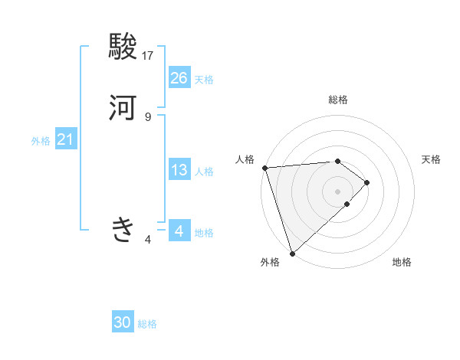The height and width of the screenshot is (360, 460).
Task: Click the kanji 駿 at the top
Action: tap(123, 47)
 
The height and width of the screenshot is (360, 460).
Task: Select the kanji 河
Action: tap(123, 107)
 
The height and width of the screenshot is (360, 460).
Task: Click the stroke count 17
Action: tap(148, 56)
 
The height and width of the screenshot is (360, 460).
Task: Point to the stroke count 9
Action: tap(148, 116)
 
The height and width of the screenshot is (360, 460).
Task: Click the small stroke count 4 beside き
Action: tap(148, 240)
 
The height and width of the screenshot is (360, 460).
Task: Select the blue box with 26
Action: tap(179, 78)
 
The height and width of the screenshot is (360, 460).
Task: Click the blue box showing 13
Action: tap(179, 170)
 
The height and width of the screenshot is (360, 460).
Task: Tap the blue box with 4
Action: tap(179, 231)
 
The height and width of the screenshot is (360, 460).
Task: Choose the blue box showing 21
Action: tap(66, 139)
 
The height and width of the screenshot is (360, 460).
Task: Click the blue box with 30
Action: tap(123, 322)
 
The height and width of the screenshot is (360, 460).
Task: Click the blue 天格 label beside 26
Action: tap(204, 80)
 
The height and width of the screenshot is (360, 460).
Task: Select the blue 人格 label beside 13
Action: tap(204, 172)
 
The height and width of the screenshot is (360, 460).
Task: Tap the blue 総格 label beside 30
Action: tap(147, 324)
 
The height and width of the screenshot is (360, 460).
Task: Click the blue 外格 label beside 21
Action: tap(41, 141)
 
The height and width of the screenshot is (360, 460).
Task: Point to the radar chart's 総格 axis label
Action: tap(337, 100)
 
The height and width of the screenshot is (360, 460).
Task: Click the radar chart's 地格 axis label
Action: tap(402, 263)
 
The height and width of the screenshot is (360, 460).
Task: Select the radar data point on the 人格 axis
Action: tap(264, 168)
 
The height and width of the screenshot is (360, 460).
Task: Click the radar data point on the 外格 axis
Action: tap(292, 252)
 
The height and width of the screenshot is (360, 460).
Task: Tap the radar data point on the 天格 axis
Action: tap(367, 182)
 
